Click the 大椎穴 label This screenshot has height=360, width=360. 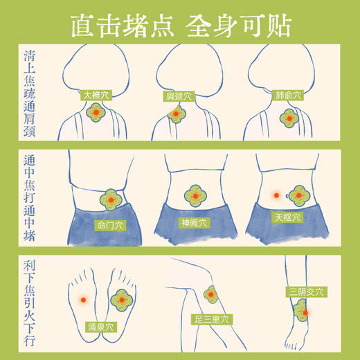pyautogui.click(x=96, y=96)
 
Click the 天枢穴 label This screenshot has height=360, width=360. pyautogui.click(x=287, y=217)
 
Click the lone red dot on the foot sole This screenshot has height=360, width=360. pyautogui.click(x=84, y=300)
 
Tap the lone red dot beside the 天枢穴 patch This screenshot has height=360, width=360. pyautogui.click(x=276, y=196)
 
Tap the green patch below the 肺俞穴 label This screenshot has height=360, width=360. pyautogui.click(x=289, y=117)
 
